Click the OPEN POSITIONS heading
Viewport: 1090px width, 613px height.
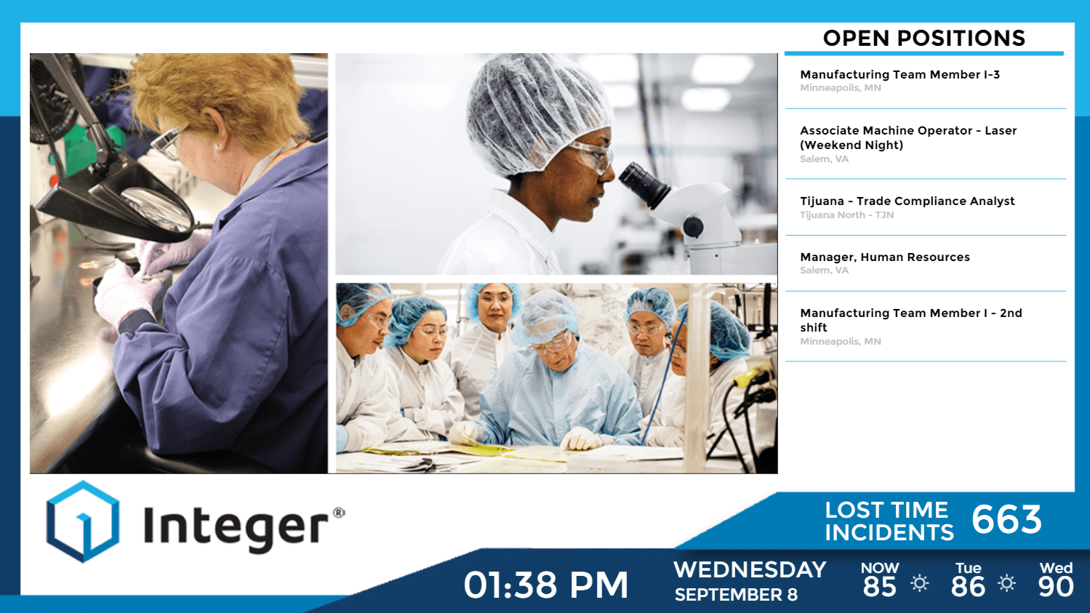pyautogui.click(x=923, y=38)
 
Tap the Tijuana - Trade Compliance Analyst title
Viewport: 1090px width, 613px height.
pyautogui.click(x=907, y=201)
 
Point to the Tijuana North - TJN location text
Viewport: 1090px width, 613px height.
pyautogui.click(x=846, y=215)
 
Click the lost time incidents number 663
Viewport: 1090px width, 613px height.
pyautogui.click(x=1006, y=520)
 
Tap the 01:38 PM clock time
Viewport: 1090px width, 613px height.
pyautogui.click(x=545, y=585)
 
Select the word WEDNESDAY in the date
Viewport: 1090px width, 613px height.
pyautogui.click(x=750, y=569)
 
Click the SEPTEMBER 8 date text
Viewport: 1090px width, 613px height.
pyautogui.click(x=736, y=595)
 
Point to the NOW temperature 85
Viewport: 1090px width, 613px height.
pyautogui.click(x=879, y=586)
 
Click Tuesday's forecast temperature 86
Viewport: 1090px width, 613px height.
pyautogui.click(x=968, y=586)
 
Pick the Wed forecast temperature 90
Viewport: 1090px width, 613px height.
pyautogui.click(x=1056, y=586)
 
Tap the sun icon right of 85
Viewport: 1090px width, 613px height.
pyautogui.click(x=919, y=583)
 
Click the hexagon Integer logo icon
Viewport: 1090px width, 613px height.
pyautogui.click(x=83, y=521)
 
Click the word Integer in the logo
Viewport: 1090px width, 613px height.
pyautogui.click(x=236, y=529)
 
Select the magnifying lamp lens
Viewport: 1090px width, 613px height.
pyautogui.click(x=156, y=210)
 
